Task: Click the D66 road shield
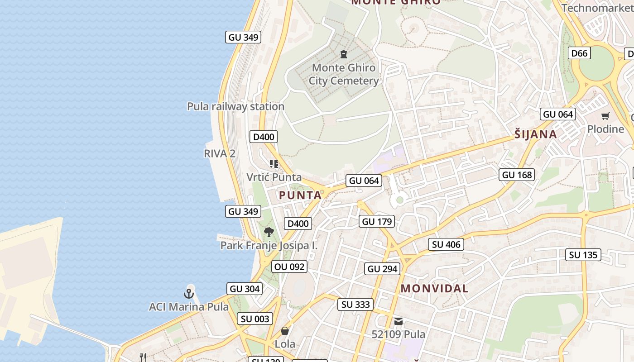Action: click(x=579, y=53)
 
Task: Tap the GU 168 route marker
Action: click(x=517, y=175)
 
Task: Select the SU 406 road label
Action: click(x=446, y=244)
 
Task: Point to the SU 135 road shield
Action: click(x=583, y=255)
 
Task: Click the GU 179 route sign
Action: click(x=377, y=221)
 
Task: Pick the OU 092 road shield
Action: click(x=290, y=267)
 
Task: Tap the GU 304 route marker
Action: click(x=245, y=289)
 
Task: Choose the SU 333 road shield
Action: click(x=355, y=305)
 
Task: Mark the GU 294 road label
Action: click(x=383, y=269)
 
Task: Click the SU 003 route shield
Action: click(x=255, y=319)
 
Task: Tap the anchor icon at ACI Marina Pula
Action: click(x=189, y=294)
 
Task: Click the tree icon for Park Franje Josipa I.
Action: click(x=269, y=233)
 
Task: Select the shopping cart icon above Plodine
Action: click(x=605, y=116)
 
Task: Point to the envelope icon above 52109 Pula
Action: click(x=399, y=321)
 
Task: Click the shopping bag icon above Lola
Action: click(x=285, y=331)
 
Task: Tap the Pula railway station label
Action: click(x=235, y=106)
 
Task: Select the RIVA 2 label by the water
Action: click(x=220, y=153)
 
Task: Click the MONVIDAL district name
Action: click(x=434, y=288)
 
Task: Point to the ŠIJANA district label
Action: click(x=536, y=134)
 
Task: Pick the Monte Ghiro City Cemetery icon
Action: click(x=344, y=54)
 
